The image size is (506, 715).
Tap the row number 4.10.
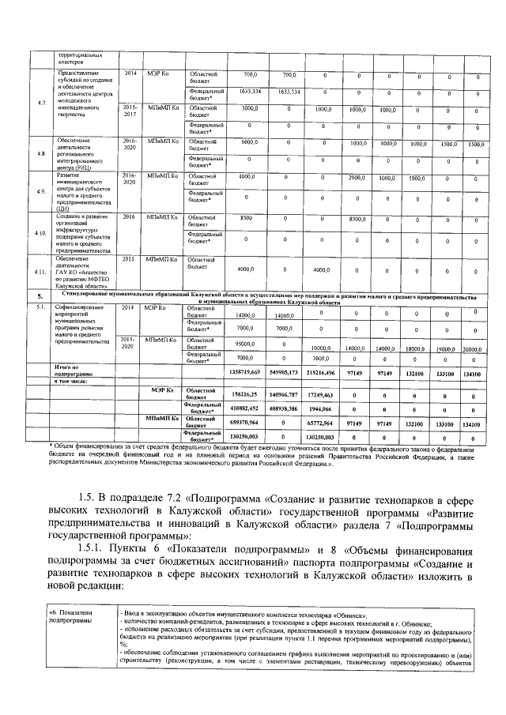click(x=41, y=233)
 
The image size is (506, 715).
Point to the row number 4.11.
click(x=41, y=272)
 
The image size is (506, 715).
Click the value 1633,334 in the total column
click(x=250, y=92)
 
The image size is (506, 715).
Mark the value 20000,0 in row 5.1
click(x=472, y=348)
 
